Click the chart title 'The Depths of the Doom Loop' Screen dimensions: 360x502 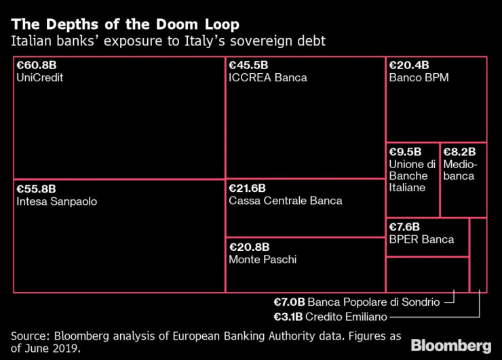point(125,25)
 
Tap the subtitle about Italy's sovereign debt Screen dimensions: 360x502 point(168,41)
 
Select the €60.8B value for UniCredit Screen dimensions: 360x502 point(37,66)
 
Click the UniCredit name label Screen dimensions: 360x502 point(38,78)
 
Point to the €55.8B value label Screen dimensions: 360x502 point(37,189)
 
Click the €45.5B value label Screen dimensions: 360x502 point(248,66)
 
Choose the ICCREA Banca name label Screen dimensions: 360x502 point(268,78)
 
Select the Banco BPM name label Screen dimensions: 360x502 point(419,78)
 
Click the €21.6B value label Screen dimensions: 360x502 point(248,188)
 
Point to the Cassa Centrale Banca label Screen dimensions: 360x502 point(286,201)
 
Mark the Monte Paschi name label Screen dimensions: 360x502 point(263,260)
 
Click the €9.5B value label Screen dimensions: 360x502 point(405,152)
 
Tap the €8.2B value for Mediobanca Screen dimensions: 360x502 point(459,152)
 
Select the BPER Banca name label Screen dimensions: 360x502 point(421,239)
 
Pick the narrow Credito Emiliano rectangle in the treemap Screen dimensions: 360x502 point(478,255)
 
